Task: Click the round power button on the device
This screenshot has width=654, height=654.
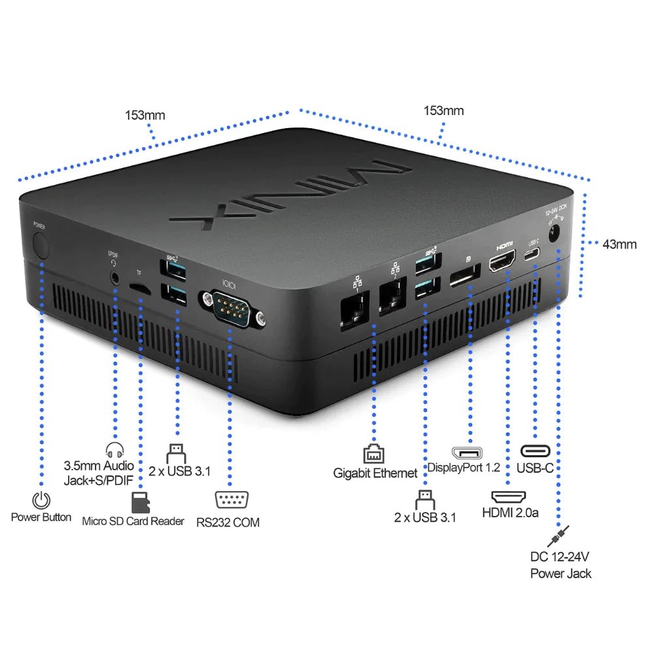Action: point(41,246)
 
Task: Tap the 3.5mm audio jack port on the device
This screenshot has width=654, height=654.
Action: point(116,277)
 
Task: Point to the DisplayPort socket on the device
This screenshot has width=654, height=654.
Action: point(465,277)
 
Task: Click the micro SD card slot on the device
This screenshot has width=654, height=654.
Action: point(138,288)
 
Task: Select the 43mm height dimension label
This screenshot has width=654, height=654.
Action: point(619,244)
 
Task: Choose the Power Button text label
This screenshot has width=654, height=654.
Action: point(41,517)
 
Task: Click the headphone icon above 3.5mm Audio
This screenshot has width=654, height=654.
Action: point(114,451)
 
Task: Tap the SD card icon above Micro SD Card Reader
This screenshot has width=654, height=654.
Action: point(139,503)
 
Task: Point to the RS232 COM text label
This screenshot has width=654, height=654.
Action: point(228,522)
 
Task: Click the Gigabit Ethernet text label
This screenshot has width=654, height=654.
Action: point(375,473)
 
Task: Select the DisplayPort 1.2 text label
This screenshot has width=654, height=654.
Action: point(463,468)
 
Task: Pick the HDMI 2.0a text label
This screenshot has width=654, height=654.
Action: point(510,513)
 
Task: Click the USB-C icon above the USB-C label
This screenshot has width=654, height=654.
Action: point(535,451)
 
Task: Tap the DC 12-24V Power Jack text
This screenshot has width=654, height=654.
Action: point(560,565)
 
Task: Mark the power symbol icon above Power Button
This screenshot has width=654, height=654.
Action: point(41,500)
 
